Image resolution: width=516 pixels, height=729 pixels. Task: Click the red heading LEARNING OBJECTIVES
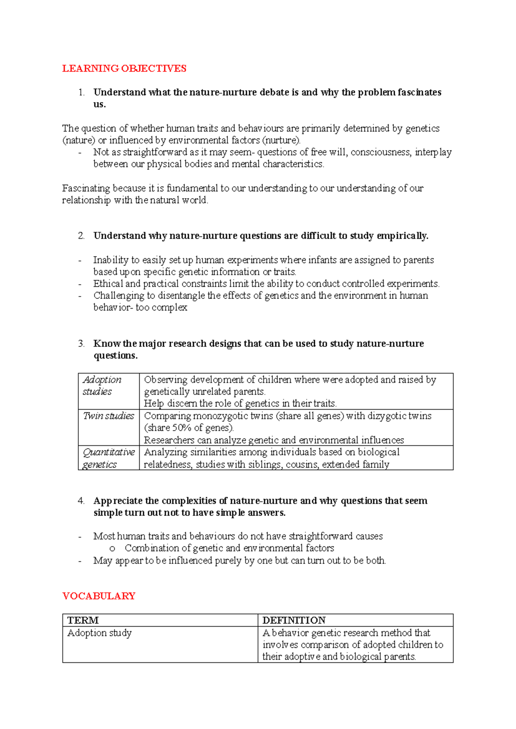coord(124,69)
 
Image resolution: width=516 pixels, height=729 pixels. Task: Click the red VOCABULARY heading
coord(99,596)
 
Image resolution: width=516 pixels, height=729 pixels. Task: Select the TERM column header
coord(83,620)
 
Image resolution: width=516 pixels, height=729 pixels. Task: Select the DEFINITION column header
coord(294,620)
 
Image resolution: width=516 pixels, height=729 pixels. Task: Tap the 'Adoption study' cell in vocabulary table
coord(100,633)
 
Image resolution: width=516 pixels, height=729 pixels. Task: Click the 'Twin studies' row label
coord(109,416)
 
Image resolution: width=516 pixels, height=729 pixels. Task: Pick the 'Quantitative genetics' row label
coord(108,458)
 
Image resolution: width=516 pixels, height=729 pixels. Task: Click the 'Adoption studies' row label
coord(102,386)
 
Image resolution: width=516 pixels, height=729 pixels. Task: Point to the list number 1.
coord(81,92)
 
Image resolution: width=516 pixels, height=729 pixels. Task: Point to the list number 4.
coord(81,501)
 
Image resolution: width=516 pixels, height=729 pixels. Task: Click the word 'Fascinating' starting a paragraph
coord(86,188)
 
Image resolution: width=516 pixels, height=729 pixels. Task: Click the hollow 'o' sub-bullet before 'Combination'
coord(113,548)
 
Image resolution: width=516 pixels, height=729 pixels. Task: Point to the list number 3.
coord(81,343)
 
